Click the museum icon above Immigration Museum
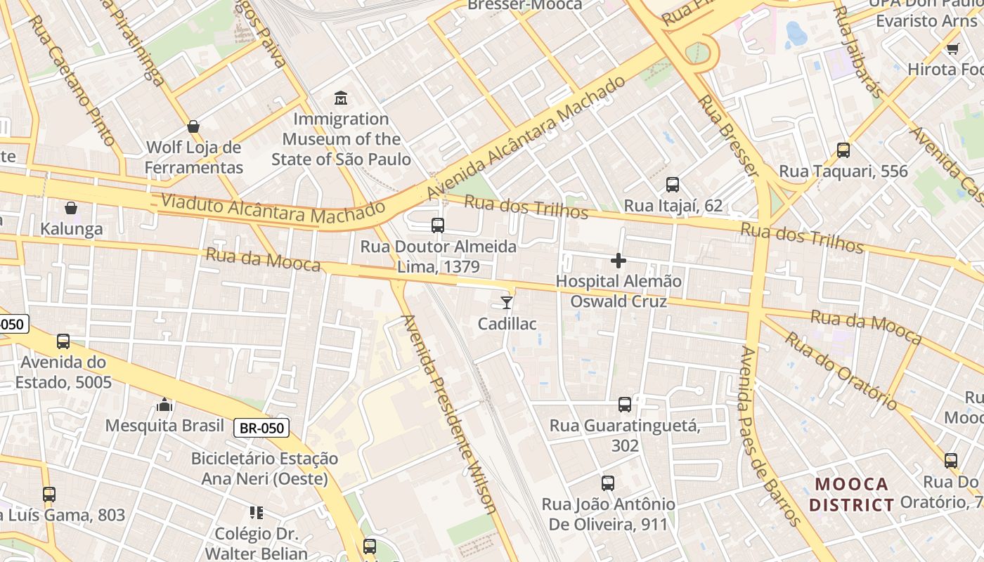pos(341,97)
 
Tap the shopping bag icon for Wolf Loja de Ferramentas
pos(193,126)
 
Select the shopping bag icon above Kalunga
pos(71,208)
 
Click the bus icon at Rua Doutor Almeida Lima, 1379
pos(438,226)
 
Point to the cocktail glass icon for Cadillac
pos(506,303)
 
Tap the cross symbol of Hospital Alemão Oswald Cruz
pos(619,261)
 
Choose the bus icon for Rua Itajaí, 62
pos(673,185)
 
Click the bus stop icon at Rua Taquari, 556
pos(843,150)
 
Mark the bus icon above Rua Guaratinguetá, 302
pos(625,405)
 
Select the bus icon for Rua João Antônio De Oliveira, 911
pos(608,483)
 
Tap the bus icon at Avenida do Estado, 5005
pos(63,341)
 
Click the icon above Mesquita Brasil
pos(164,405)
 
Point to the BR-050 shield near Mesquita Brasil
pos(261,427)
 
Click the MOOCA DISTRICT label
pos(851,495)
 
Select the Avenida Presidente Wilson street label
pos(450,414)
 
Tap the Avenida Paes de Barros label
pos(770,436)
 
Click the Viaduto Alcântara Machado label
pos(273,209)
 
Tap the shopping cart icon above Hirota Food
pos(952,48)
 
